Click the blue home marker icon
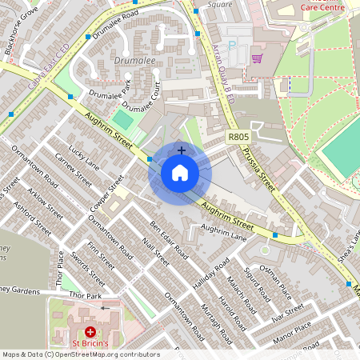click(x=180, y=172)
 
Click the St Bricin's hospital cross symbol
click(x=90, y=330)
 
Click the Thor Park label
click(x=86, y=296)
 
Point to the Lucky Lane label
click(x=83, y=157)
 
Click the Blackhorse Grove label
click(x=20, y=31)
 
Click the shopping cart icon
click(x=257, y=58)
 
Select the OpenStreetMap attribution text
click(x=80, y=354)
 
